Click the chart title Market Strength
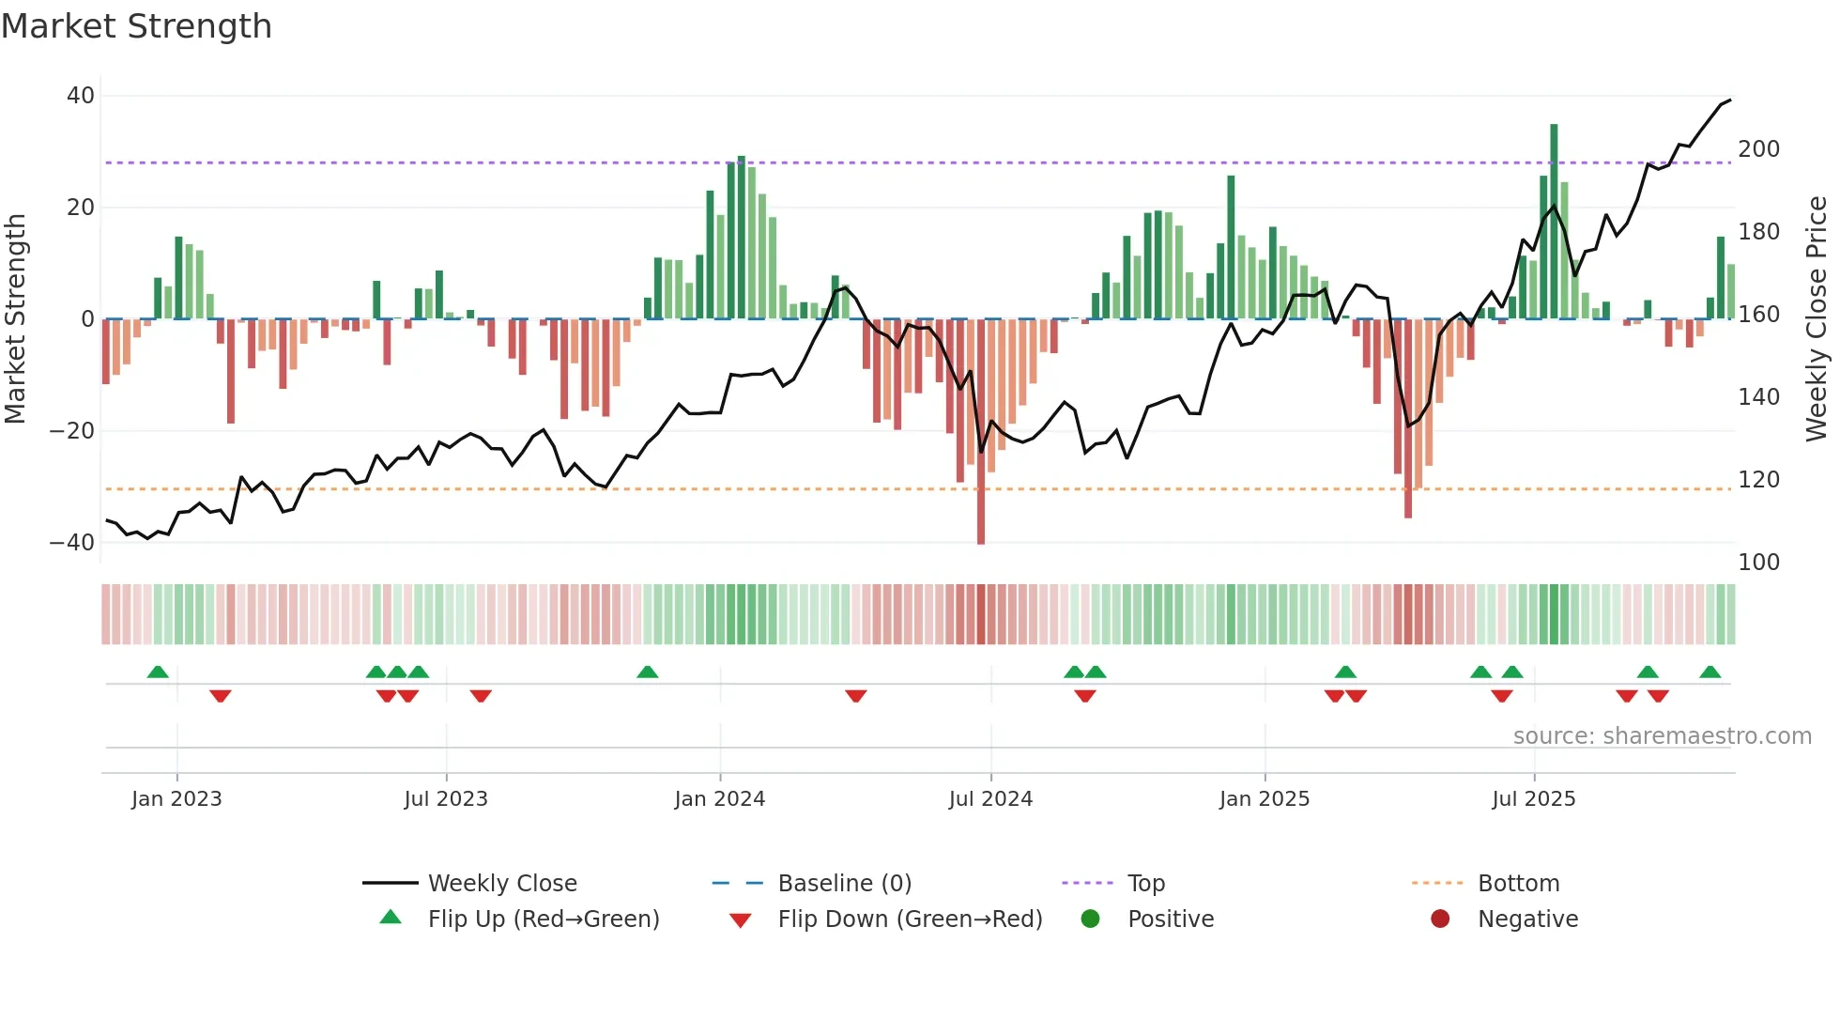click(x=136, y=26)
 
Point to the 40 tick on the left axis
click(x=81, y=96)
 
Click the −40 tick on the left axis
click(x=73, y=543)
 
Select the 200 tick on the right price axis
click(x=1758, y=149)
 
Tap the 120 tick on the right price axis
click(x=1758, y=480)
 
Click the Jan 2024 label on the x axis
click(x=719, y=799)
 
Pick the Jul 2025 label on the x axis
click(x=1533, y=799)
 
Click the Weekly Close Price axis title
click(x=1817, y=319)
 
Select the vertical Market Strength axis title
click(x=16, y=319)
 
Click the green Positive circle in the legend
click(x=1090, y=919)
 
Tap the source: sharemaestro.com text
click(x=1662, y=736)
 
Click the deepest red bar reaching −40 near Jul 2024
click(x=981, y=432)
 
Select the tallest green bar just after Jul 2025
click(x=1554, y=222)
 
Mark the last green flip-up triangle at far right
click(x=1710, y=672)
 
